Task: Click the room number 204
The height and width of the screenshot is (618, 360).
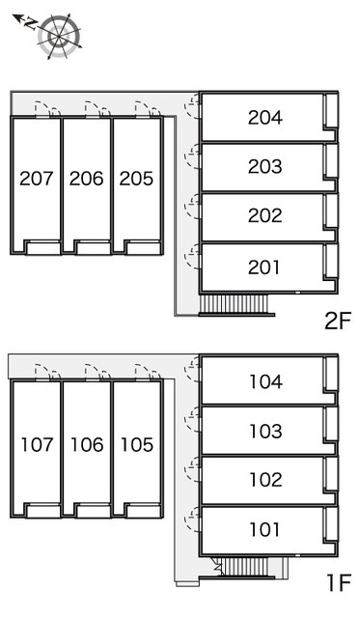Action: click(265, 118)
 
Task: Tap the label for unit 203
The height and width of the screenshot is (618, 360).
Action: click(265, 166)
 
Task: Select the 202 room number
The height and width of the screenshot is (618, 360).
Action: click(265, 215)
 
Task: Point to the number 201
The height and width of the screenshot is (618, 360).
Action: click(264, 267)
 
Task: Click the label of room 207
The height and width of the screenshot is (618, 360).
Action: click(37, 178)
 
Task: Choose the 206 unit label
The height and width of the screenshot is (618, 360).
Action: click(86, 178)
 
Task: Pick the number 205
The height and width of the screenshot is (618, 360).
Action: click(136, 178)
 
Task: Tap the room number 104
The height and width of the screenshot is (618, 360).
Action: click(265, 381)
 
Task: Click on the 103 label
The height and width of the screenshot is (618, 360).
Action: click(265, 432)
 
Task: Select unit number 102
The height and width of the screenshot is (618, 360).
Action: click(265, 480)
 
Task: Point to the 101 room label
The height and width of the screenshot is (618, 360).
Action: click(264, 529)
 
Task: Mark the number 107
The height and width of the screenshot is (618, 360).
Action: click(37, 444)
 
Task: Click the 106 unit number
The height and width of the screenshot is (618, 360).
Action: click(87, 444)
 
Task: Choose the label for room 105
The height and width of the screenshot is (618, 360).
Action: click(137, 444)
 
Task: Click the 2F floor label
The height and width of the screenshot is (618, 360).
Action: click(338, 322)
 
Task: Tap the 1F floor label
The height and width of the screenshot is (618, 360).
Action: click(339, 583)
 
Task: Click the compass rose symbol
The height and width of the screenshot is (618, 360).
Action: click(59, 37)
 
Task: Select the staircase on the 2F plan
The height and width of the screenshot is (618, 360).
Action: click(234, 304)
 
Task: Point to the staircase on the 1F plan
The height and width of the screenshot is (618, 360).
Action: click(246, 567)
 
